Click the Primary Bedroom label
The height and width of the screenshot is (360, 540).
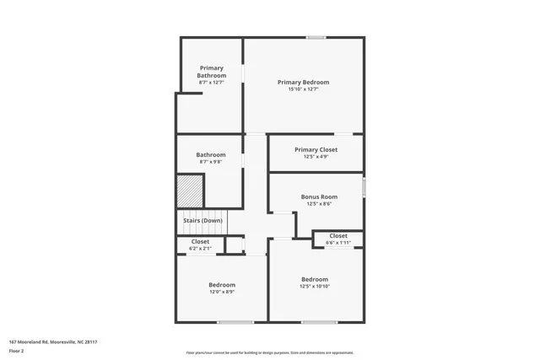pos(303,82)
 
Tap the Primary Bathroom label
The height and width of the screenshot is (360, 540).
pos(213,71)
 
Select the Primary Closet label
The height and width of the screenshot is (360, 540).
pos(316,149)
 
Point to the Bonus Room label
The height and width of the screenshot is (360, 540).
pos(319,196)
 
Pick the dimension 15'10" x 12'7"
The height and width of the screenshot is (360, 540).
pos(303,89)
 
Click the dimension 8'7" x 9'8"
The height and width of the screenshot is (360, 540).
pos(211,162)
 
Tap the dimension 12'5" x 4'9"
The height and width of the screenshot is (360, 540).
pos(316,157)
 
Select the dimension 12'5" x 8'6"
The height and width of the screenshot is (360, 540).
pos(319,203)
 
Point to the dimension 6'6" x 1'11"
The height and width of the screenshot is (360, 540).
pos(337,243)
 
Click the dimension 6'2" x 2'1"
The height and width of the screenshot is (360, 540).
pos(200,249)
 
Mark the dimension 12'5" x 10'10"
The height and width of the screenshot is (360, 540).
pos(315,287)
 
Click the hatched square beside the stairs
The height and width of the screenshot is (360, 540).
pos(191,190)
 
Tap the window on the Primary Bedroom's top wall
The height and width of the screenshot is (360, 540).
pos(316,37)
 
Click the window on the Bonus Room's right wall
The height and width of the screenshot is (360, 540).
pos(364,186)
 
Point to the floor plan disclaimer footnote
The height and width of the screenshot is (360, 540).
pos(270,352)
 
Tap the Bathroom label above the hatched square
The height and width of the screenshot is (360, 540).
pos(211,154)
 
